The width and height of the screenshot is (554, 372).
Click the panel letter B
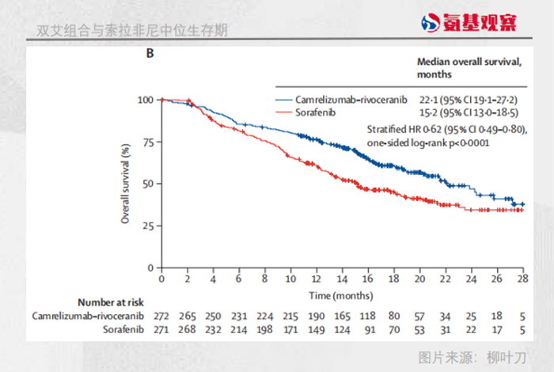point(149,54)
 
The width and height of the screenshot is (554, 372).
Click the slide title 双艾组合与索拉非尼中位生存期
point(132,31)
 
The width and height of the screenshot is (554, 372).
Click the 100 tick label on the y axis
point(145,100)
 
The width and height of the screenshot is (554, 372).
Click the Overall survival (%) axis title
point(126,183)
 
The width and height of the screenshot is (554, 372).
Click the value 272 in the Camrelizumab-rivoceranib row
point(161,315)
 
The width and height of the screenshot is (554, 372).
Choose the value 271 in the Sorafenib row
point(161,328)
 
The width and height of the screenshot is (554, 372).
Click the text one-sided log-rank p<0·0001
point(427,143)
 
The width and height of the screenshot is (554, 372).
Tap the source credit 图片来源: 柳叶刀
point(472,355)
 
